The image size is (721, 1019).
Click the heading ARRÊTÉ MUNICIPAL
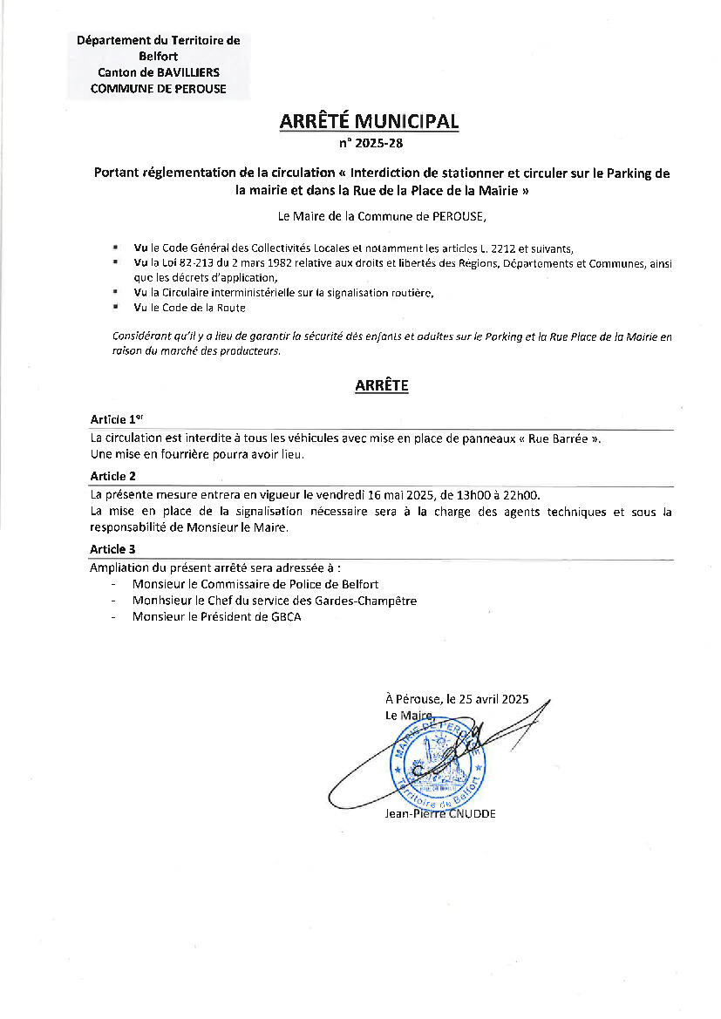[x=369, y=122]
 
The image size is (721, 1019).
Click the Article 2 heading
[x=113, y=476]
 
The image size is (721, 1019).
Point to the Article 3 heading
[x=113, y=549]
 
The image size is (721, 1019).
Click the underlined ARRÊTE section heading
[x=381, y=385]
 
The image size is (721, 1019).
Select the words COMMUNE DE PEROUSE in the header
[x=158, y=89]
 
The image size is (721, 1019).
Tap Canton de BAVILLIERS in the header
[x=159, y=72]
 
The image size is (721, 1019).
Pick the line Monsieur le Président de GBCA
[x=218, y=616]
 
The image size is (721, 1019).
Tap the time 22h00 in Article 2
[x=523, y=494]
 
